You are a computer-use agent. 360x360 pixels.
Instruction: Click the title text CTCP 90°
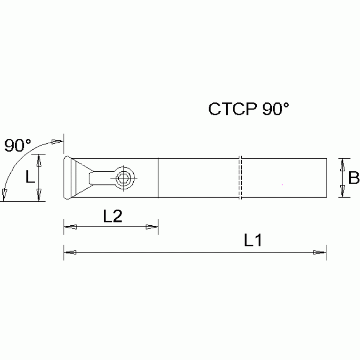[x=249, y=109]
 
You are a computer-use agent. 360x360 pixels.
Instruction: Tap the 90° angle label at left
[x=17, y=146]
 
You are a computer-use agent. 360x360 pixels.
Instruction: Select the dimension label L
[x=29, y=177]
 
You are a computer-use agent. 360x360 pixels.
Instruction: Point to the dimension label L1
[x=252, y=241]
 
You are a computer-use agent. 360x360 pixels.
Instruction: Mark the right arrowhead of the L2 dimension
[x=152, y=228]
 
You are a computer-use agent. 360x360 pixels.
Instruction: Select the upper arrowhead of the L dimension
[x=39, y=161]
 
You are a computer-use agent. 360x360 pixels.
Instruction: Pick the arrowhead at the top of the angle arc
[x=57, y=142]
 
